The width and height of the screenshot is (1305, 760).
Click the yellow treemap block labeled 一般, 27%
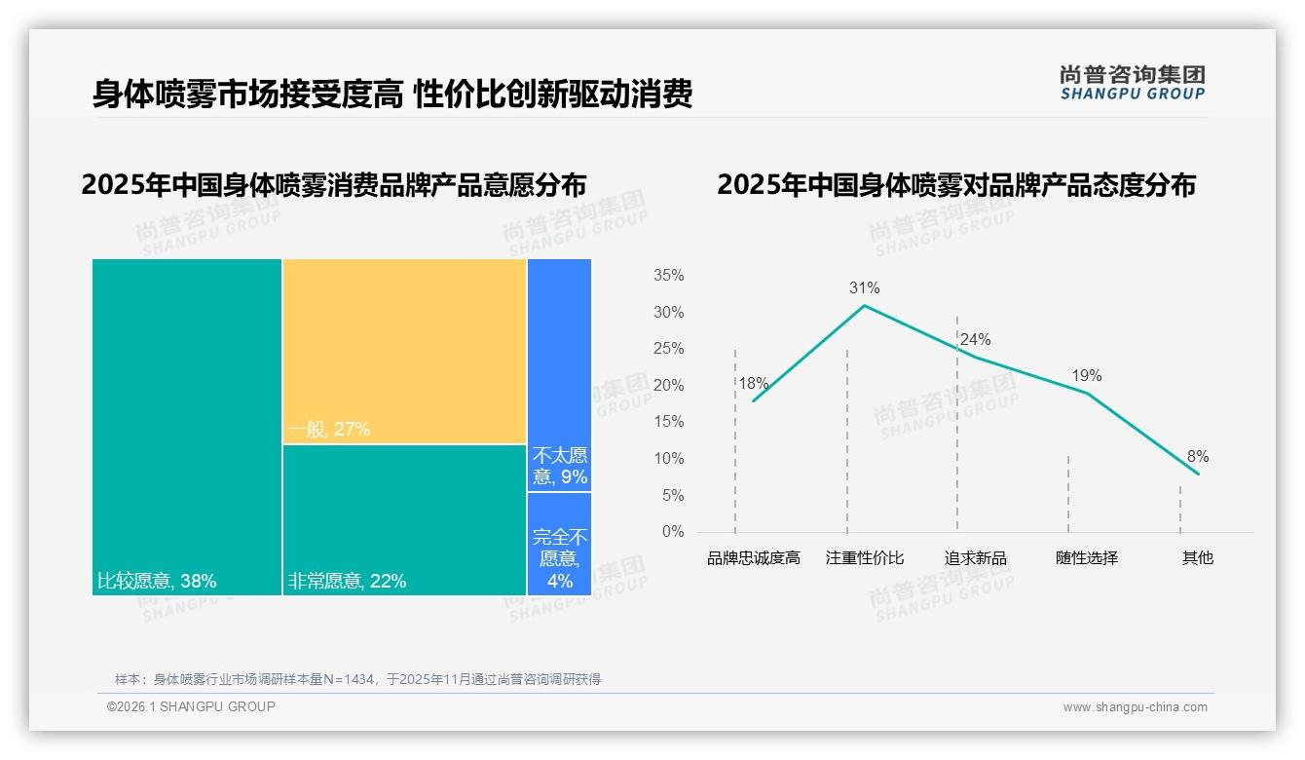pyautogui.click(x=404, y=351)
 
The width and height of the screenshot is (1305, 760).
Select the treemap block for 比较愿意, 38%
pyautogui.click(x=187, y=426)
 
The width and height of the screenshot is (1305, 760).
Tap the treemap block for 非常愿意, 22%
pyautogui.click(x=404, y=519)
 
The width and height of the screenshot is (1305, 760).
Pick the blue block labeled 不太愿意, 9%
pyautogui.click(x=559, y=375)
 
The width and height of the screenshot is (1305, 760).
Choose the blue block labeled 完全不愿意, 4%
pyautogui.click(x=559, y=544)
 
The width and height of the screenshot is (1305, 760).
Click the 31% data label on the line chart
pyautogui.click(x=864, y=287)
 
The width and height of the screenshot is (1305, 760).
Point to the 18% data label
pyautogui.click(x=753, y=383)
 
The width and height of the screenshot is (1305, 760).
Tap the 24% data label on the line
pyautogui.click(x=975, y=339)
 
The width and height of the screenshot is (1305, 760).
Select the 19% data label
pyautogui.click(x=1086, y=375)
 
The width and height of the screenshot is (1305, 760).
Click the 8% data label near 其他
pyautogui.click(x=1197, y=456)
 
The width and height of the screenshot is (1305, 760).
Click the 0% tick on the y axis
pyautogui.click(x=672, y=532)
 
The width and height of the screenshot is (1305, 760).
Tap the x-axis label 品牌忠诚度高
pyautogui.click(x=753, y=558)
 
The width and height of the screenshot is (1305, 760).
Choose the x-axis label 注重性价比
pyautogui.click(x=864, y=558)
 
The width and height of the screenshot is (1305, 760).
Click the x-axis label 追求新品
pyautogui.click(x=975, y=558)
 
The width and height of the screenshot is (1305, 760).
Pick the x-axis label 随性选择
pyautogui.click(x=1086, y=558)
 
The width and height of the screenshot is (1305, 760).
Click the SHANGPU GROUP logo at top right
pyautogui.click(x=1132, y=83)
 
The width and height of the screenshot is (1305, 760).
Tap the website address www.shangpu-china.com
pyautogui.click(x=1135, y=707)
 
